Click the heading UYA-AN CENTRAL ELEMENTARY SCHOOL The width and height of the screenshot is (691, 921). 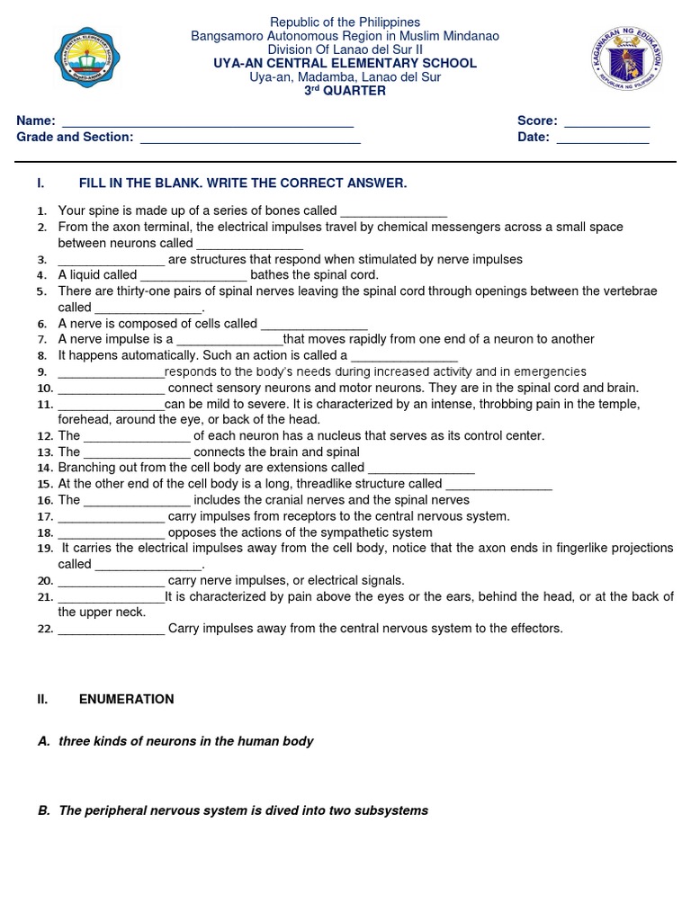tap(345, 64)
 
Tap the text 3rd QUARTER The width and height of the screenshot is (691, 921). tap(345, 91)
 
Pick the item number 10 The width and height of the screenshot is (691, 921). tap(45, 389)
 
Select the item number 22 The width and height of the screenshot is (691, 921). tap(45, 630)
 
